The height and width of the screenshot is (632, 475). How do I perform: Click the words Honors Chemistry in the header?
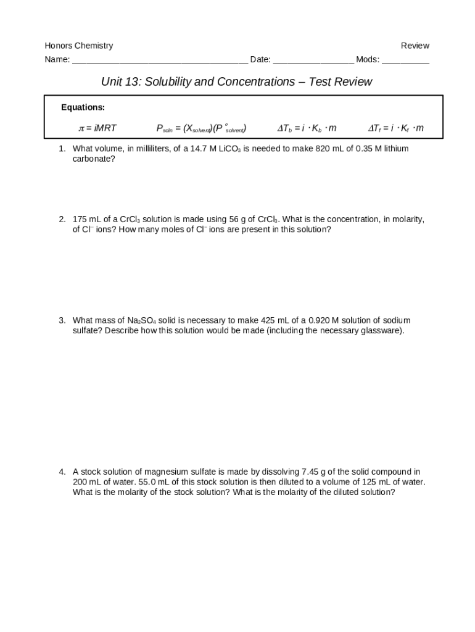(x=78, y=46)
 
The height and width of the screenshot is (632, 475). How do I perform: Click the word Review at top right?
(x=415, y=46)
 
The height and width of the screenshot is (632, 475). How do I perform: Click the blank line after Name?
(x=160, y=60)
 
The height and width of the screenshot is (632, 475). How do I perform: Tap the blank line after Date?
(x=313, y=60)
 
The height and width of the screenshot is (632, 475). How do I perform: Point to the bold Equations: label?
(x=83, y=107)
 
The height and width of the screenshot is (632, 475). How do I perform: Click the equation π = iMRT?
(x=97, y=128)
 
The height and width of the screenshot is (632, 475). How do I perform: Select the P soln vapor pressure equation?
(x=202, y=128)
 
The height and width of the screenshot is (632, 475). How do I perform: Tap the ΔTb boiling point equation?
(x=307, y=128)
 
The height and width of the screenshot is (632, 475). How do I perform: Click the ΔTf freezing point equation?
(x=396, y=128)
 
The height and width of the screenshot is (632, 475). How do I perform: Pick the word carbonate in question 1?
(x=94, y=159)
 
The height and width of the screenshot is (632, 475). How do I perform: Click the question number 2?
(x=62, y=219)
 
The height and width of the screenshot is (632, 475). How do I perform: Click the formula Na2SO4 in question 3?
(x=141, y=320)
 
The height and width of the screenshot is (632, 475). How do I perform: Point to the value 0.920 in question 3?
(x=319, y=320)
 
